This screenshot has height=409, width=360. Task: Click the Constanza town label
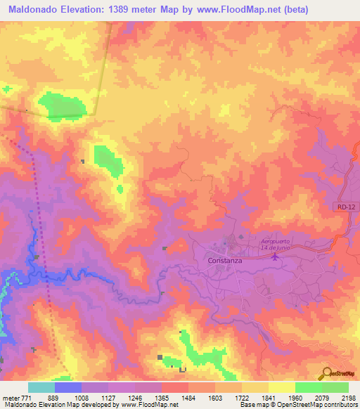tap(226, 260)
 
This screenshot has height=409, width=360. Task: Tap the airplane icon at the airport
tap(275, 256)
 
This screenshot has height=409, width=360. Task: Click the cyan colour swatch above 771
tap(41, 387)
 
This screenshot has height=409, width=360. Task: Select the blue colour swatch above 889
tap(68, 387)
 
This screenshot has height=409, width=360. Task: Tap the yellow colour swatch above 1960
tap(281, 387)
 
